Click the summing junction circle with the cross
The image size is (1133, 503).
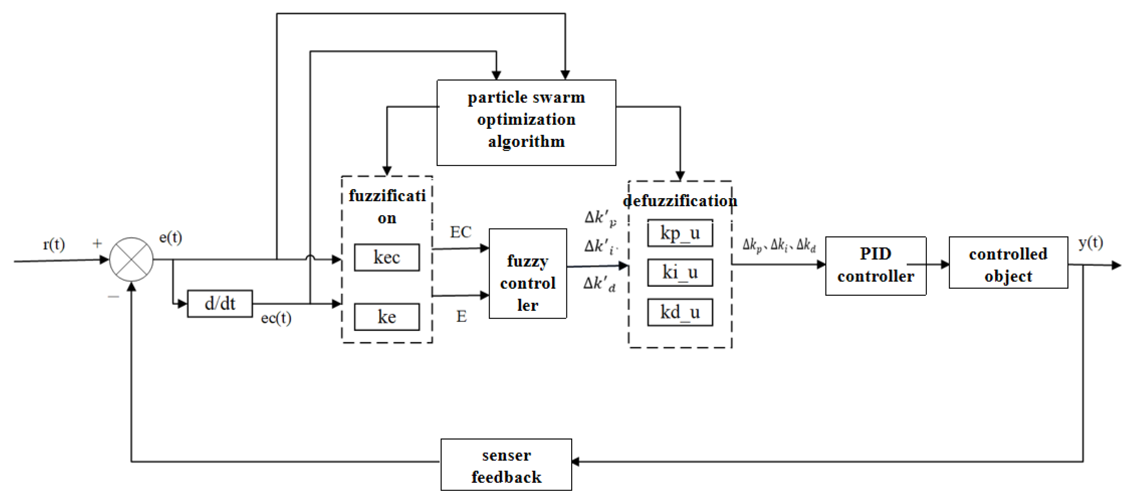(x=131, y=259)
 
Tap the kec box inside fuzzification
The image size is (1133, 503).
(x=387, y=258)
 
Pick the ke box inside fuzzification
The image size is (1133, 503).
(x=387, y=317)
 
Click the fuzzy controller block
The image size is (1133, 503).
(x=527, y=273)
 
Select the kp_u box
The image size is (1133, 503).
(x=680, y=233)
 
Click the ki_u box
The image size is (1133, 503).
(x=680, y=273)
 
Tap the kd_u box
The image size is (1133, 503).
(x=680, y=312)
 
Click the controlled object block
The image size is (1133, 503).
(x=1008, y=263)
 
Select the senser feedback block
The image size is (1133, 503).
(x=506, y=464)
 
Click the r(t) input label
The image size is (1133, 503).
(x=54, y=244)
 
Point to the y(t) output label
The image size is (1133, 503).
(x=1091, y=243)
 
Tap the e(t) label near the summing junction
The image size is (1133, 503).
(x=170, y=238)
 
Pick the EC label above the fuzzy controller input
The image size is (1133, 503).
(x=460, y=232)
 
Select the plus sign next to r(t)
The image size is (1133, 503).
(x=97, y=243)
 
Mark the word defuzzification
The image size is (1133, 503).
(x=680, y=201)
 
